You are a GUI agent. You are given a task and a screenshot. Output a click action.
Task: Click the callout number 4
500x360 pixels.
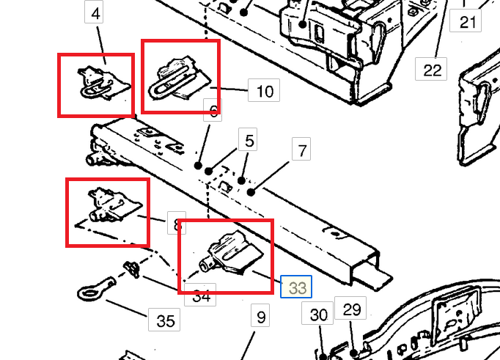[x=97, y=12]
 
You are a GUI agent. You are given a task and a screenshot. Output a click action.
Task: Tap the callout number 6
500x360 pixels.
[x=213, y=111]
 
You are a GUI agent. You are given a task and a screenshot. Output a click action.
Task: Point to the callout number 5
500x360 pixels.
[x=249, y=139]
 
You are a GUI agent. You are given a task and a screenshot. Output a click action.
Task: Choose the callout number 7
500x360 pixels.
[x=301, y=152]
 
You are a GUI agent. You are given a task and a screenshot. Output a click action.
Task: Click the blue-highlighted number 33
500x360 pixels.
[x=297, y=287]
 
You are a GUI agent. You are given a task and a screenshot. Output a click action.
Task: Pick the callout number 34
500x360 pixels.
[x=203, y=296]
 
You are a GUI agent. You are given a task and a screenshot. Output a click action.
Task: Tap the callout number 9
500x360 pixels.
[x=260, y=317]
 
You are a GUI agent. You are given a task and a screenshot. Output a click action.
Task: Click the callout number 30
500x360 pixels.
[x=318, y=315]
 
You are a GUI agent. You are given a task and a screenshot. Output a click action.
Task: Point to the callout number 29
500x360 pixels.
[x=352, y=309]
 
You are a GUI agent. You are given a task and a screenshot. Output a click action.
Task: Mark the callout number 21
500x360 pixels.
[x=468, y=22]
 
